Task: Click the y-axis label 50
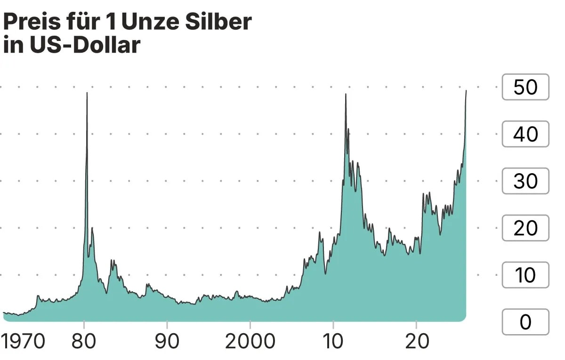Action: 525,87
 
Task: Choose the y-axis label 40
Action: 525,134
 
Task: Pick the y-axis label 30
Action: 525,181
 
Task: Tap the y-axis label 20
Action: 525,228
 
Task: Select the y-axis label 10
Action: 525,275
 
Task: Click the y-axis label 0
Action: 525,322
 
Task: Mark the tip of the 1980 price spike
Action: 87,93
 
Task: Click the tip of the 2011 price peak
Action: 346,94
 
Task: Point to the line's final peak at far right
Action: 466,90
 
